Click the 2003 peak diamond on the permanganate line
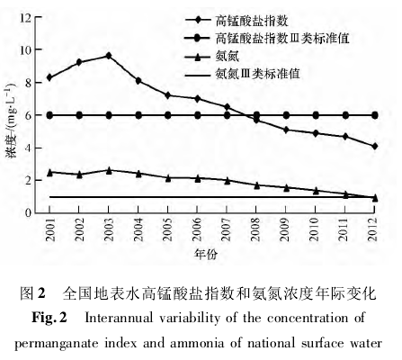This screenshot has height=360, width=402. tap(109, 56)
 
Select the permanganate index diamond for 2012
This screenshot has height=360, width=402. tap(375, 147)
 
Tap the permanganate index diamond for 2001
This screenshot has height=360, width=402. tap(49, 77)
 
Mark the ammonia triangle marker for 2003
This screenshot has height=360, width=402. tap(109, 170)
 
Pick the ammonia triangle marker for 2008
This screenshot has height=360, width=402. tap(256, 185)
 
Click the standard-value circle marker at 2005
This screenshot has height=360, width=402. tap(168, 115)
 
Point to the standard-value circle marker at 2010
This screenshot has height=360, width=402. tap(316, 115)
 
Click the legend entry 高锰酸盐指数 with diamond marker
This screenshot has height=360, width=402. tap(237, 21)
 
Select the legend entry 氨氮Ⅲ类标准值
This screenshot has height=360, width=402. tap(243, 74)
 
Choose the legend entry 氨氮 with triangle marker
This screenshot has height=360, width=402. tap(212, 56)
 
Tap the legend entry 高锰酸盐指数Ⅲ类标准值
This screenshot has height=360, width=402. tap(267, 38)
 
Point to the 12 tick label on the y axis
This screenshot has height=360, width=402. tap(26, 17)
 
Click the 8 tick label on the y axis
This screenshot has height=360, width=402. tap(29, 83)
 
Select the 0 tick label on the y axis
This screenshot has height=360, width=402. tap(29, 213)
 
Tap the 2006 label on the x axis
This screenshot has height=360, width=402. tap(197, 229)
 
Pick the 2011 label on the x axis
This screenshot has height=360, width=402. tap(345, 229)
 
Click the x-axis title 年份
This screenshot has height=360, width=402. tap(206, 254)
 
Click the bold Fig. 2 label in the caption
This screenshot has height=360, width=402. tap(49, 317)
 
